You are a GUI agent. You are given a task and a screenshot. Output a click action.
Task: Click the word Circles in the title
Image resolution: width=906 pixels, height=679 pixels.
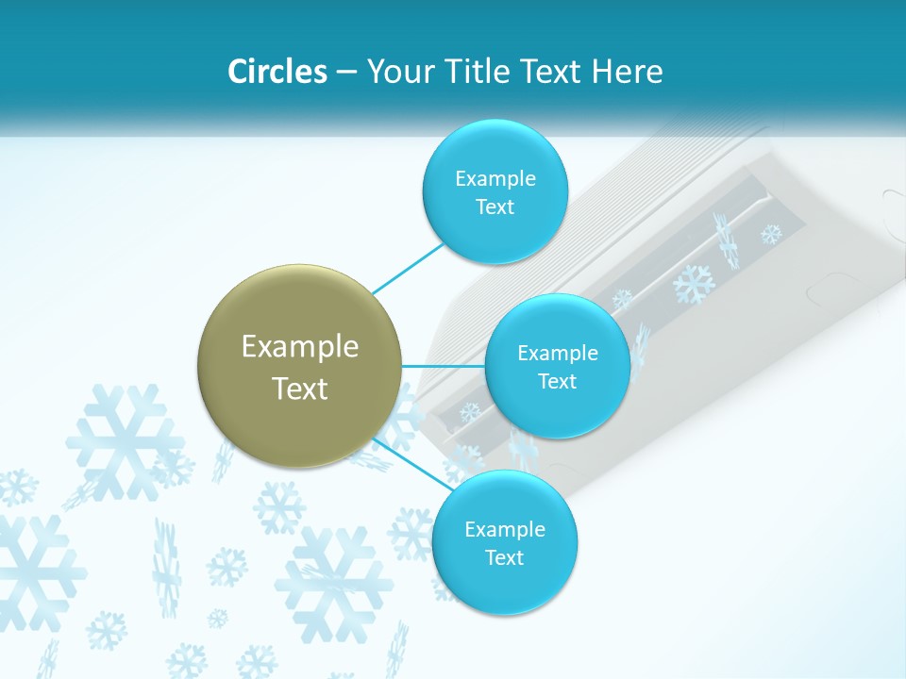(277, 72)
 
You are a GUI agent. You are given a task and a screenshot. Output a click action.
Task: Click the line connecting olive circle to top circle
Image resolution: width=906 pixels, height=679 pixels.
(408, 268)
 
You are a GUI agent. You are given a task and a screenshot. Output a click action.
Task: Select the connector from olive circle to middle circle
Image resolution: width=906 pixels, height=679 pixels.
(444, 366)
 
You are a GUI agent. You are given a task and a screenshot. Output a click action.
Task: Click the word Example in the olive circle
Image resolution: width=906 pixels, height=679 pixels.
(300, 347)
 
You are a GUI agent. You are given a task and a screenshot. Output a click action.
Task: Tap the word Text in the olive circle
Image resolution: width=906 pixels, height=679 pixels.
(300, 389)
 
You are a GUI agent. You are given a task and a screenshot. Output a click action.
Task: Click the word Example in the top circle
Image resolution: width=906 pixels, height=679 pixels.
(495, 178)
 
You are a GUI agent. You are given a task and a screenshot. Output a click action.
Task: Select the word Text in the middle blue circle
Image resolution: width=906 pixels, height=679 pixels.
(557, 381)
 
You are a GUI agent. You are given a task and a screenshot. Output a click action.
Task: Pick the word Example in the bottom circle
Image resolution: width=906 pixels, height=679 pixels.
(505, 529)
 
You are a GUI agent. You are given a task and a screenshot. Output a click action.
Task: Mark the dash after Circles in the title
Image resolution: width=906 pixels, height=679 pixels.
(346, 73)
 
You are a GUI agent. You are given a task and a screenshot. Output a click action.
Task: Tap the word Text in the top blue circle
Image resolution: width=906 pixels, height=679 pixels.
(495, 207)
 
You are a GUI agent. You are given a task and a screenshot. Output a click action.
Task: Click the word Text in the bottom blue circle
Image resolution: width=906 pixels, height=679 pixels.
(505, 557)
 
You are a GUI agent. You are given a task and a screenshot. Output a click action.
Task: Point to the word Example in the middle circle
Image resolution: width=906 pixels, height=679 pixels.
(558, 353)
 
